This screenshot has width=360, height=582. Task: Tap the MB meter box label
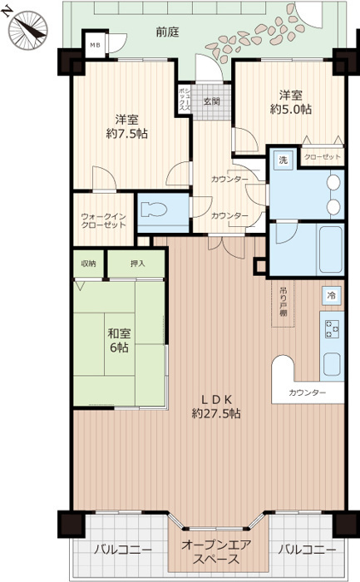[95, 45]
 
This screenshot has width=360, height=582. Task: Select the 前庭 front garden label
[167, 32]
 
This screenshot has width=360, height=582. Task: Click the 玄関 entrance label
[211, 101]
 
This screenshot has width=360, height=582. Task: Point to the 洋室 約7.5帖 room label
[127, 126]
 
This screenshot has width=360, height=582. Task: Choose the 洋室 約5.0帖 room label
[291, 102]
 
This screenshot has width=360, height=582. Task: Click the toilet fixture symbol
[155, 210]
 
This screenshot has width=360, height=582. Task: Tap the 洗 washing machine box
[284, 160]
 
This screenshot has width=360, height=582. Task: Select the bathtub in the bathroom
[330, 249]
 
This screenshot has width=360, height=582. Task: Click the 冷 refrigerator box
[331, 295]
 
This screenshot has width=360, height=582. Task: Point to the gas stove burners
[333, 329]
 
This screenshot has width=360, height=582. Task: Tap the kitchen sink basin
[332, 364]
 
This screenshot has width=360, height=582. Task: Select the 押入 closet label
[137, 264]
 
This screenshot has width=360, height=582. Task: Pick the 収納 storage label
[89, 264]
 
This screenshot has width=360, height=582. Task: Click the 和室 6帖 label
[118, 340]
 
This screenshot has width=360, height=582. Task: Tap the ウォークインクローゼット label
[104, 220]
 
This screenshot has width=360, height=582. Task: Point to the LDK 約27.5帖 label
[216, 407]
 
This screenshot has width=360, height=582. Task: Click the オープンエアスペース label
[216, 552]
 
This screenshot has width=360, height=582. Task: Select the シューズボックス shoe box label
[185, 101]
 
